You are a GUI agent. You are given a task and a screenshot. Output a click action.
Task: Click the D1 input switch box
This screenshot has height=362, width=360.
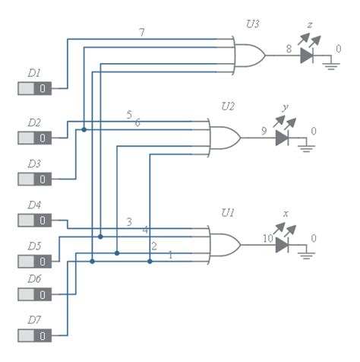point(35,89)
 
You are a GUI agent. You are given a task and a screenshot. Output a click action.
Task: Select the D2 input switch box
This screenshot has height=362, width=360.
point(35,138)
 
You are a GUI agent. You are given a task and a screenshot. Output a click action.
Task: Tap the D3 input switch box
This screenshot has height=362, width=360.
point(35,179)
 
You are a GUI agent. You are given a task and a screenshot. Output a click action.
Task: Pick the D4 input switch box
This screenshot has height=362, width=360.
point(35,221)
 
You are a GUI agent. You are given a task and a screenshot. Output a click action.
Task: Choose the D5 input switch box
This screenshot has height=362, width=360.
point(35,262)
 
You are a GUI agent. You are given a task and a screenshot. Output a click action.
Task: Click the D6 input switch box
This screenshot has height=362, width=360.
point(35,294)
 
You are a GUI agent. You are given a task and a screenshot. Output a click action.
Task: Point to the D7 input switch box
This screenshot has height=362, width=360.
point(35,335)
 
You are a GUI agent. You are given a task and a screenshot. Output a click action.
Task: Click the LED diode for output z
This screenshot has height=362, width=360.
point(307,55)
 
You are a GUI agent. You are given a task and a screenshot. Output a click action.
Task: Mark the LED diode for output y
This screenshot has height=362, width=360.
point(283,138)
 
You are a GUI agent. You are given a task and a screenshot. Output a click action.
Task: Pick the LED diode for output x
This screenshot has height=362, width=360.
point(283,244)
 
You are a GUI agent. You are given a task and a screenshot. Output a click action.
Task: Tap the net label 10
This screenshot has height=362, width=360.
point(267,239)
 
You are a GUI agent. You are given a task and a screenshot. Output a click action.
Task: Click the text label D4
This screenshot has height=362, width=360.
point(34,205)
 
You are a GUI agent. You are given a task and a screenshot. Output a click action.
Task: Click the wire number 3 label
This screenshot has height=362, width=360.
point(129,222)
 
